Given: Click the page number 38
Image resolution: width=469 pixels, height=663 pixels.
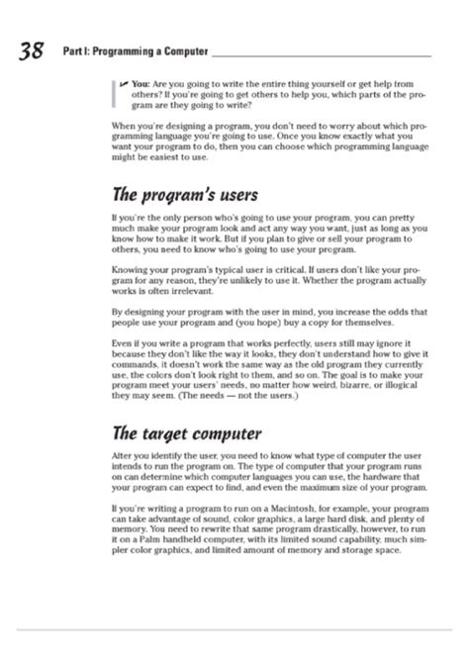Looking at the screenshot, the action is point(31,53).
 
